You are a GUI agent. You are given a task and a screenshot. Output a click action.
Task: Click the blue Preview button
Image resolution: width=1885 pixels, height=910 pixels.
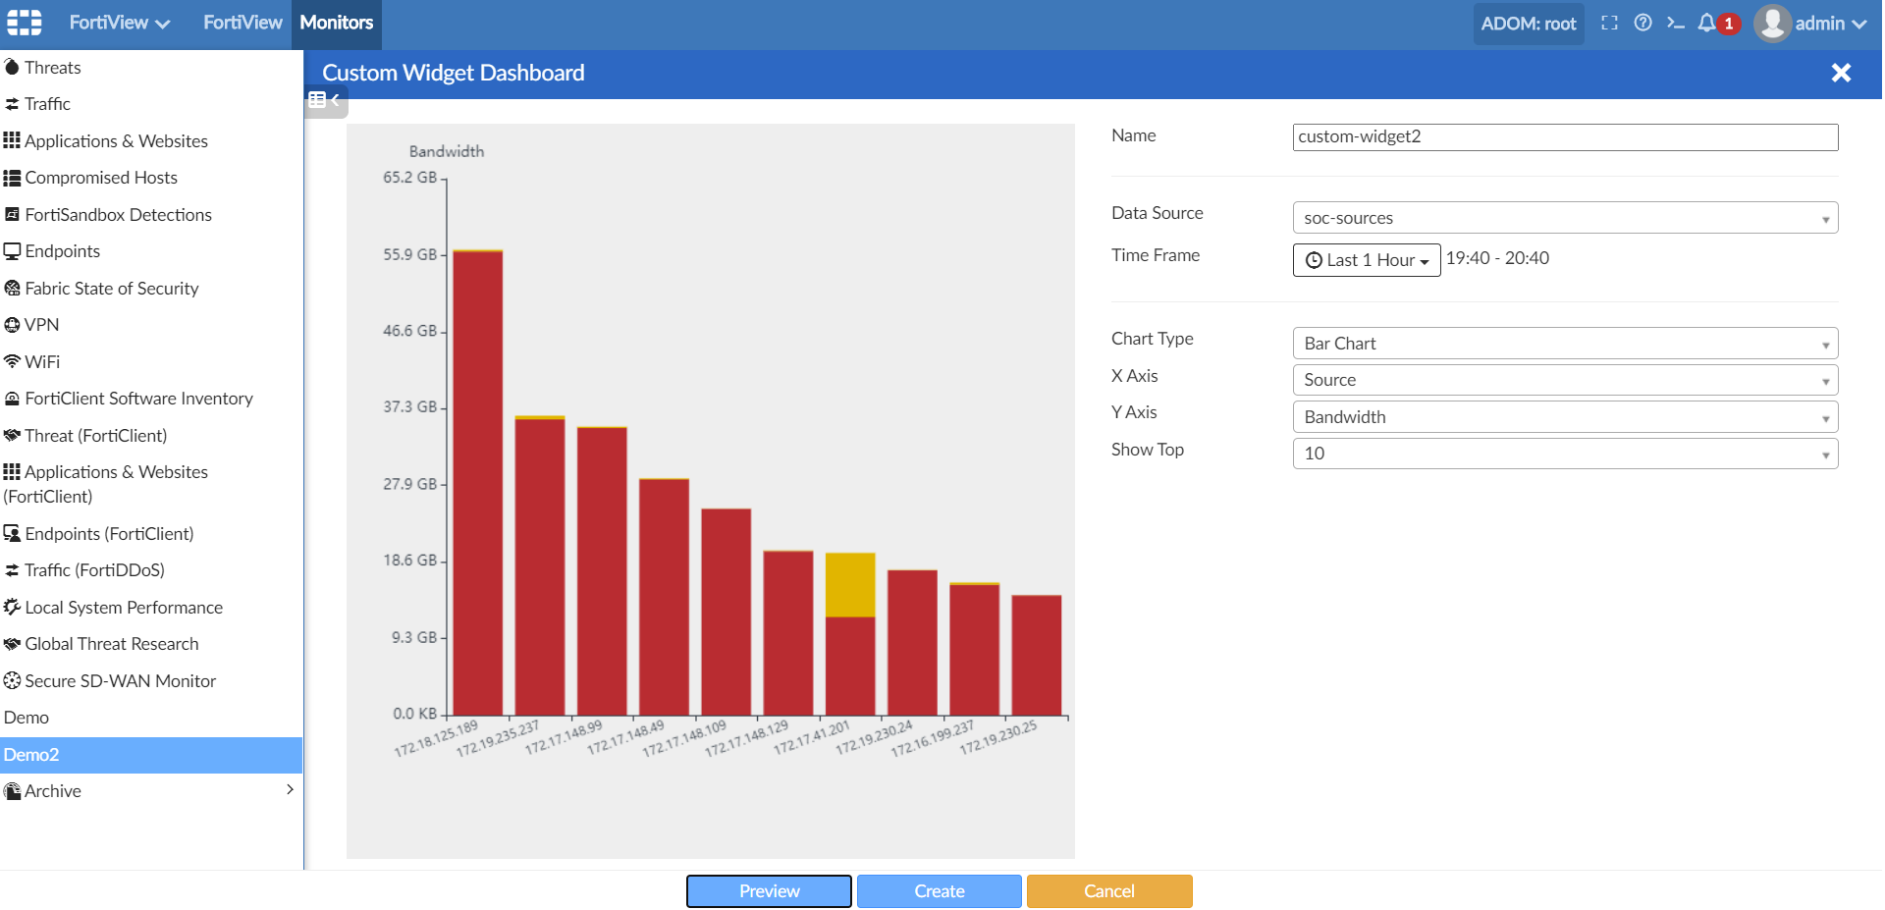click(769, 891)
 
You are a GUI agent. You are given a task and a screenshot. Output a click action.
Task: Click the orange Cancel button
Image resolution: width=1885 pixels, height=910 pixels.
click(1108, 891)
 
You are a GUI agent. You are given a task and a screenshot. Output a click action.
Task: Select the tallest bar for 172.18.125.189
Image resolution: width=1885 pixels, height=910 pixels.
click(478, 481)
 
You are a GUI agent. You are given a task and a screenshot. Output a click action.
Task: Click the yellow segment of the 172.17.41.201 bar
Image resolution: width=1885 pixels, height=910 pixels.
click(850, 585)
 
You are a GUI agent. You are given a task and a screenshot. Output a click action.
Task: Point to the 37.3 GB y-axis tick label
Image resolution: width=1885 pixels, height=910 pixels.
click(409, 406)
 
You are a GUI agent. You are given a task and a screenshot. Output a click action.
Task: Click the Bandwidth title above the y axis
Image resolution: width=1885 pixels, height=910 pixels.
click(447, 151)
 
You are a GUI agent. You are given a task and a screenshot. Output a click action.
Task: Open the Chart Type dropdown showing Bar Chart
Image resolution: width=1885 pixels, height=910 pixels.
click(1564, 344)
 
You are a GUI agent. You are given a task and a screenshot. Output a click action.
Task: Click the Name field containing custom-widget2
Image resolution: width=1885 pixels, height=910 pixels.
click(1564, 137)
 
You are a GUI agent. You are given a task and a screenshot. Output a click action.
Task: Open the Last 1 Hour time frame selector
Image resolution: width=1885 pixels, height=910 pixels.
click(1366, 260)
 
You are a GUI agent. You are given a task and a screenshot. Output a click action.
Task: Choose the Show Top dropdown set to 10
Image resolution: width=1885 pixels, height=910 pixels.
click(1564, 454)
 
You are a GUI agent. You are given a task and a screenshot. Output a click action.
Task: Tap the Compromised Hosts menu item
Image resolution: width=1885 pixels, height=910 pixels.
click(101, 178)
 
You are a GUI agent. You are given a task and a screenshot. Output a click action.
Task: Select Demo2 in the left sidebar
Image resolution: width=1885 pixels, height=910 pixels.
click(31, 755)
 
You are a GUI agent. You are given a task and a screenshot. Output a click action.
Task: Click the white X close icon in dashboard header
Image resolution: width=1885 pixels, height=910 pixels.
click(1841, 73)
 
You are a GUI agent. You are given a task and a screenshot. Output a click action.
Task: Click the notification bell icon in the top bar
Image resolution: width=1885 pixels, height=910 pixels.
click(1707, 23)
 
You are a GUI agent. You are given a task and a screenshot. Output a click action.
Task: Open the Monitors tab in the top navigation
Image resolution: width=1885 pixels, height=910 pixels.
click(336, 23)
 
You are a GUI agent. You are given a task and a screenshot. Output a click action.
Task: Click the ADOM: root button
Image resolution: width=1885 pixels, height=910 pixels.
click(1528, 24)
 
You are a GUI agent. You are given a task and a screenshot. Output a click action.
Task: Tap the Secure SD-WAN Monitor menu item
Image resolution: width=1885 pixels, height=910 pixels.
click(120, 681)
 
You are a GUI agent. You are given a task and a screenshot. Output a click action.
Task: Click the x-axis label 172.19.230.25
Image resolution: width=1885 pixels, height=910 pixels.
click(998, 737)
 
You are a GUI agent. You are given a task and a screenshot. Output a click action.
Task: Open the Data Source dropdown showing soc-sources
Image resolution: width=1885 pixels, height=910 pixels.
click(1564, 218)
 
